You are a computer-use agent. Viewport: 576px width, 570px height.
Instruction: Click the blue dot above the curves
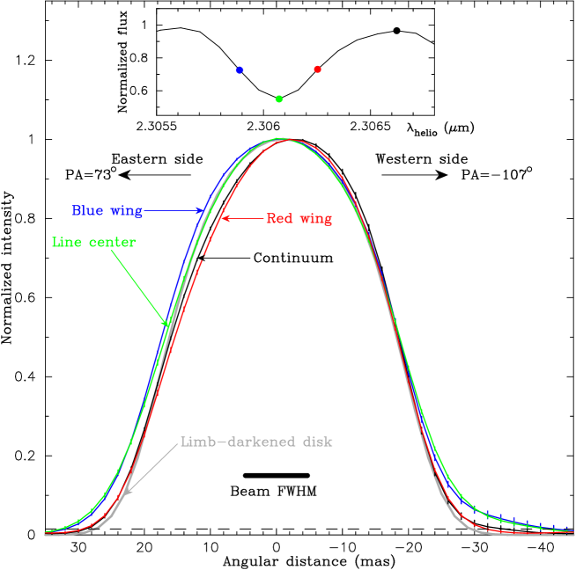click(240, 69)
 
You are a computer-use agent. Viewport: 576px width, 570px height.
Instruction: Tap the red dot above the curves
click(317, 69)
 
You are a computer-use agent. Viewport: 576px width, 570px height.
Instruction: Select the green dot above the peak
click(279, 99)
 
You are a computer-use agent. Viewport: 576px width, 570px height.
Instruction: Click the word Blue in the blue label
click(87, 211)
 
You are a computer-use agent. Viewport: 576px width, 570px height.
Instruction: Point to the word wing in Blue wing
click(126, 212)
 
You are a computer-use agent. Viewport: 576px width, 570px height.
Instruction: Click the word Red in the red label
click(279, 218)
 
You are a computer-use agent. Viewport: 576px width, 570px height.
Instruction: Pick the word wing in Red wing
click(315, 219)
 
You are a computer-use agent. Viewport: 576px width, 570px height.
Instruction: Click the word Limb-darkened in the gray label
click(228, 442)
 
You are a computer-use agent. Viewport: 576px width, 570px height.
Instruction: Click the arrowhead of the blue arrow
click(201, 211)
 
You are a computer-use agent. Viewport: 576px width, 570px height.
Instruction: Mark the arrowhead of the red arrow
click(225, 218)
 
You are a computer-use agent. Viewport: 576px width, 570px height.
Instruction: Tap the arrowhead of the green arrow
click(166, 323)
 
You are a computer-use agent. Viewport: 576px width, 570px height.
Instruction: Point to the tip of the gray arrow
click(124, 495)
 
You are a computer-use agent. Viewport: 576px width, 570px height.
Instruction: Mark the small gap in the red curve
click(203, 255)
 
